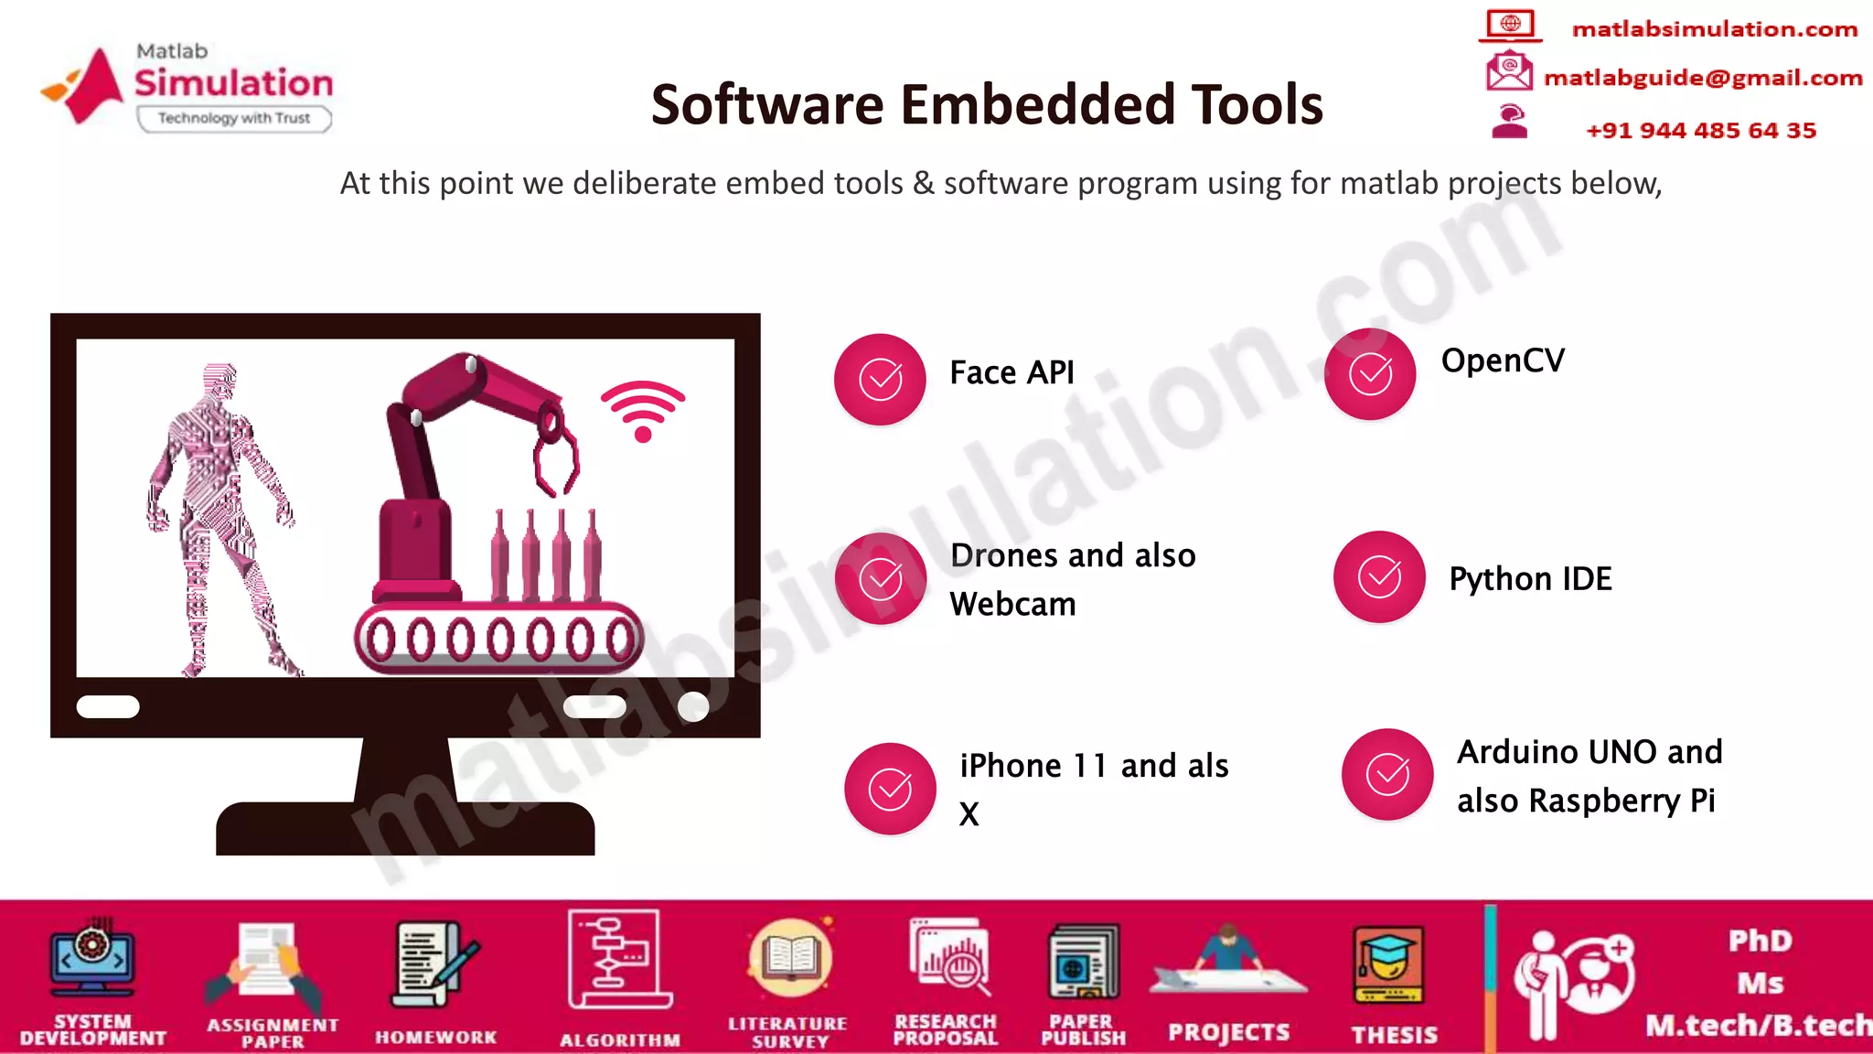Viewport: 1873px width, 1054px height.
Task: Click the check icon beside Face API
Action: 881,379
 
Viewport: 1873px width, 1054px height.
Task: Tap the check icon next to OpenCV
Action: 1370,373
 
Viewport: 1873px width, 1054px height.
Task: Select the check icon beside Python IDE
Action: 1379,576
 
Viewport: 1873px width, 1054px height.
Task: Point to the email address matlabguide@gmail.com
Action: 1703,78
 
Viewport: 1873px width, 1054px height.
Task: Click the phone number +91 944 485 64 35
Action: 1700,131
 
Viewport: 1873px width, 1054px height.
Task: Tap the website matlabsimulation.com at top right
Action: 1714,29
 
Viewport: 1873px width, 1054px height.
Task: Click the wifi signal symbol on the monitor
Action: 643,411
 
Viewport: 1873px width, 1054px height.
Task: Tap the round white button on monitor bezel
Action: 693,706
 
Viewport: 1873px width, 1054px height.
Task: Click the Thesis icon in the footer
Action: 1388,965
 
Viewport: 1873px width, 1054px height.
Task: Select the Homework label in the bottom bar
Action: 435,1038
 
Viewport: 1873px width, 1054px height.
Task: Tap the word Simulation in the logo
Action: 233,83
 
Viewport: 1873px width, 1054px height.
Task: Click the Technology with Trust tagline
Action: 233,118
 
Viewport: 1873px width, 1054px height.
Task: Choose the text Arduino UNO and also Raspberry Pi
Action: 1589,776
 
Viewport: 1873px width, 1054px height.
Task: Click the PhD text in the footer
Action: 1760,941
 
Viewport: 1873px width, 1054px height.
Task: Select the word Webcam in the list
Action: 1012,605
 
